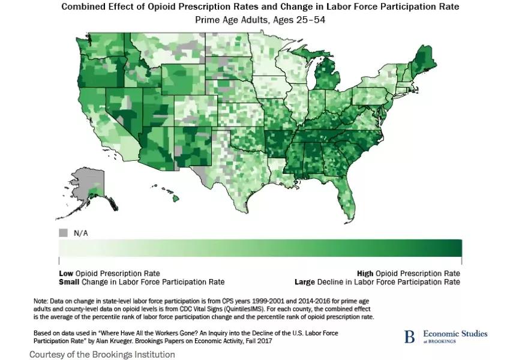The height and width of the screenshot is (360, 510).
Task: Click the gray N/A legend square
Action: tap(63, 232)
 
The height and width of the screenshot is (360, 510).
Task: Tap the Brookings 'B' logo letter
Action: tap(409, 337)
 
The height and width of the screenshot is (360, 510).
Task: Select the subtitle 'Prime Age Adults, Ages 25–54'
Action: tap(260, 20)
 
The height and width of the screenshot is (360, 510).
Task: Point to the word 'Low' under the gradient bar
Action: tap(65, 273)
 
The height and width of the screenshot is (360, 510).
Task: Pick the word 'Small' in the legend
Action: tap(69, 282)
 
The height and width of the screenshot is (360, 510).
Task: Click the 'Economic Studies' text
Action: tap(455, 334)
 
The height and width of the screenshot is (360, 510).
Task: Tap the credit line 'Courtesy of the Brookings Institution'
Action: tap(102, 354)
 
